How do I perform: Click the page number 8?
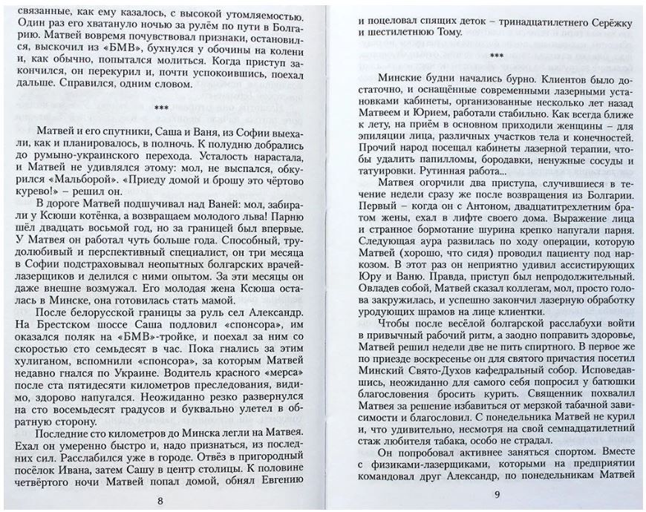[160, 499]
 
